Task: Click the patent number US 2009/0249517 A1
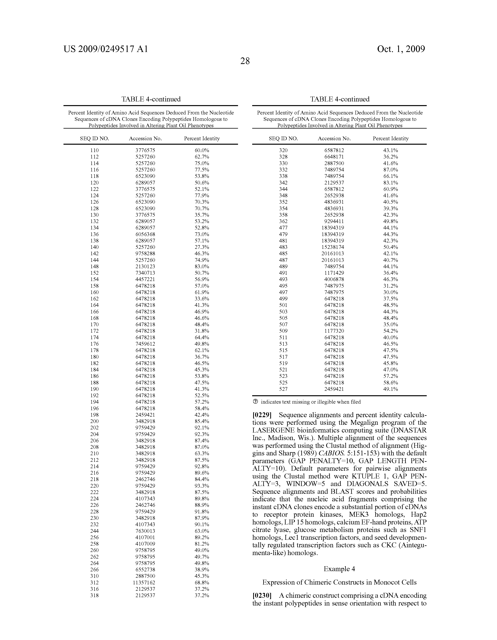(x=106, y=49)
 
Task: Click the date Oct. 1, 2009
(x=401, y=49)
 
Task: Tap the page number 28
(x=245, y=61)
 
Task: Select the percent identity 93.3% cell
(x=202, y=486)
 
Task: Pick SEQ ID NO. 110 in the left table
(x=95, y=150)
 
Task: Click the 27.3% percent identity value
(x=202, y=247)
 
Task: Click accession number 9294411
(x=334, y=221)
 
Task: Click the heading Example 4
(x=339, y=569)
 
